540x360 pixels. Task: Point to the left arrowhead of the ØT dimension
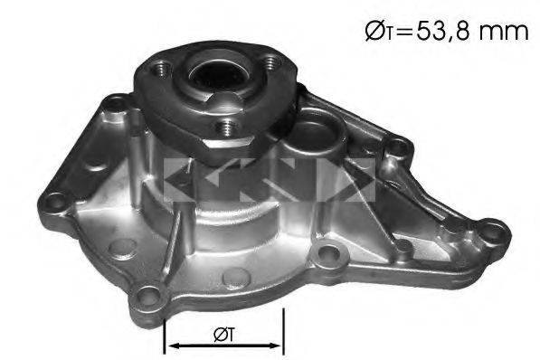tap(171, 346)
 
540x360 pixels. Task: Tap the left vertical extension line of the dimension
tap(164, 330)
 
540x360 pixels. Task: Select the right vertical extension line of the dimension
tap(285, 330)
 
